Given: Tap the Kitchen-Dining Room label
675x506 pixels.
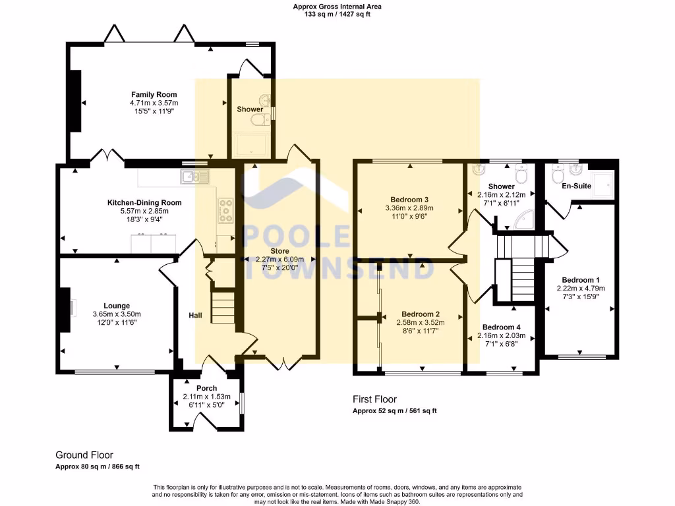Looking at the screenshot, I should pyautogui.click(x=144, y=203).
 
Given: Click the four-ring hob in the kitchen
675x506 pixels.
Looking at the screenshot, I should pyautogui.click(x=225, y=210).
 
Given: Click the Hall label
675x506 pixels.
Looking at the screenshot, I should pyautogui.click(x=195, y=316).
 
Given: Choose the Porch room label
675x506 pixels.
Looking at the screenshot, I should pyautogui.click(x=206, y=389).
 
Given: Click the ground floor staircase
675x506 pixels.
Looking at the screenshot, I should pyautogui.click(x=223, y=307).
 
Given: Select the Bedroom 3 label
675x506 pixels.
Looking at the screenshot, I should pyautogui.click(x=409, y=200).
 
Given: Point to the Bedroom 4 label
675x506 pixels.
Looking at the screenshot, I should pyautogui.click(x=501, y=327).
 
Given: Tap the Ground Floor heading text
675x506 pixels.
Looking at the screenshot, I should pyautogui.click(x=84, y=455).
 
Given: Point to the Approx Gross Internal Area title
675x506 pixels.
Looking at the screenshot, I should pyautogui.click(x=337, y=7).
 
